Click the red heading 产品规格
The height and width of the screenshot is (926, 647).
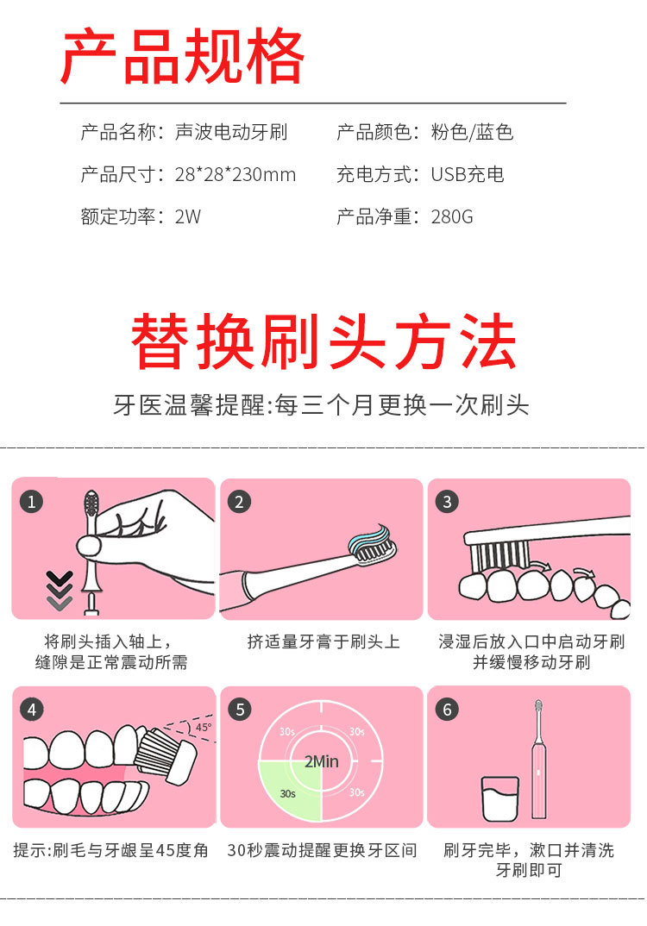182,56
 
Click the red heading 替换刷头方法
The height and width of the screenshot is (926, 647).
323,342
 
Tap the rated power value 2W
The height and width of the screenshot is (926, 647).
187,217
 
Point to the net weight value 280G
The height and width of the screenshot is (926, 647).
452,217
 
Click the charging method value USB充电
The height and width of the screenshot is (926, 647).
467,175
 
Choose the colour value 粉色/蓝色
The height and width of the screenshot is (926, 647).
472,133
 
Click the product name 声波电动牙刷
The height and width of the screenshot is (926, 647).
230,133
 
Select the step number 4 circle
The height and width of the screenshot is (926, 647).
31,710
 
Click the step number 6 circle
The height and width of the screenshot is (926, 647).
446,710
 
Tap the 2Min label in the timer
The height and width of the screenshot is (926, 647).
321,761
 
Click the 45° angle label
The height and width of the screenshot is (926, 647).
203,727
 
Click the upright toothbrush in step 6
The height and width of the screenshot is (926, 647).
539,759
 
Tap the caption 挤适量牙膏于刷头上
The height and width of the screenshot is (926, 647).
323,642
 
